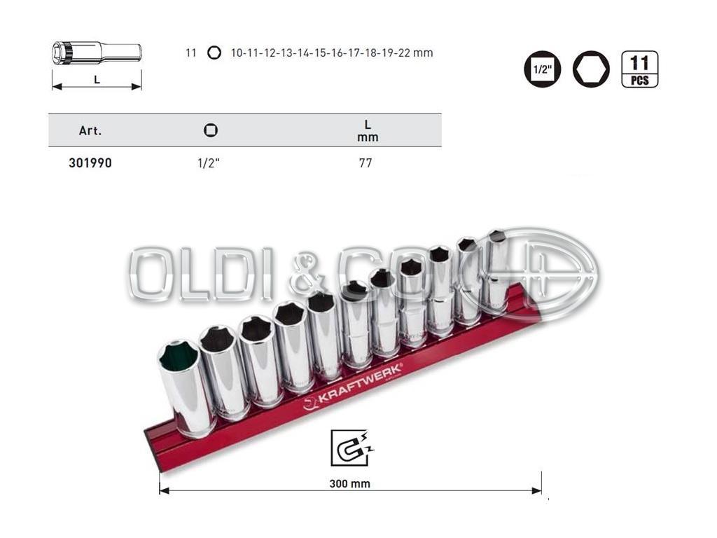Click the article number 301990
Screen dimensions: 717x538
coord(90,163)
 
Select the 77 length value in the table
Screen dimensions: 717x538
coord(366,163)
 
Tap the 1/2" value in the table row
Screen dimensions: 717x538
coord(209,163)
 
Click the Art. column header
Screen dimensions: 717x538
coord(90,131)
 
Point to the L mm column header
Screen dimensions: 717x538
coord(368,130)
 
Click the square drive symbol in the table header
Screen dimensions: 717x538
coord(211,130)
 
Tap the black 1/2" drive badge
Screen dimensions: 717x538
coord(543,69)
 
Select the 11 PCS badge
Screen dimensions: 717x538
coord(640,69)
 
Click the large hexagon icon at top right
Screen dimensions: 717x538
coord(591,69)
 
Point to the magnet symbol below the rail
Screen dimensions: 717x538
coord(350,448)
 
